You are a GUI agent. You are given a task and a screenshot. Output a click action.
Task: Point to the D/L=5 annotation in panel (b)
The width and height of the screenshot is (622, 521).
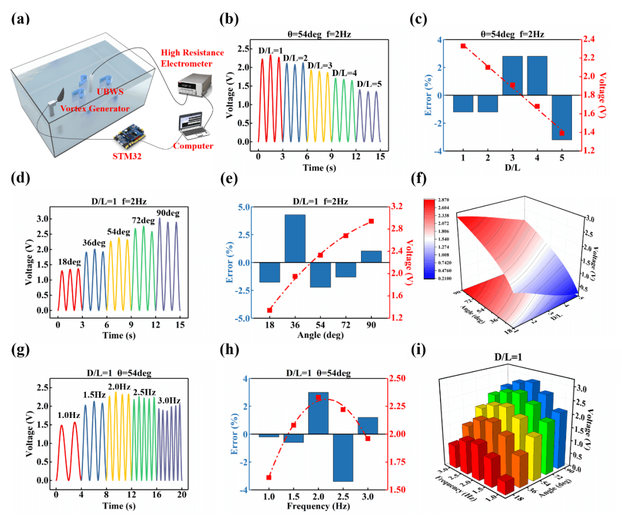pos(369,85)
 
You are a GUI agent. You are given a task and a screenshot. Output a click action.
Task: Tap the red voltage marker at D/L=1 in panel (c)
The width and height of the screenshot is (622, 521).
pos(463,46)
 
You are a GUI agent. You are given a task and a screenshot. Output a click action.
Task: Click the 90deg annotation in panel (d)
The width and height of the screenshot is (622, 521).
pos(168,214)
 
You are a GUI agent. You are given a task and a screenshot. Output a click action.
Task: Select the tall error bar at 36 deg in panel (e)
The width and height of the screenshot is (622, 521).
pos(295,238)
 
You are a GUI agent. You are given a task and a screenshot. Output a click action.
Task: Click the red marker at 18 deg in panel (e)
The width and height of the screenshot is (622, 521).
pos(270,310)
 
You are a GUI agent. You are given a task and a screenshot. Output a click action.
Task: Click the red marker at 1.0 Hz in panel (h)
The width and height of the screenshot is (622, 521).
pos(268,477)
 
